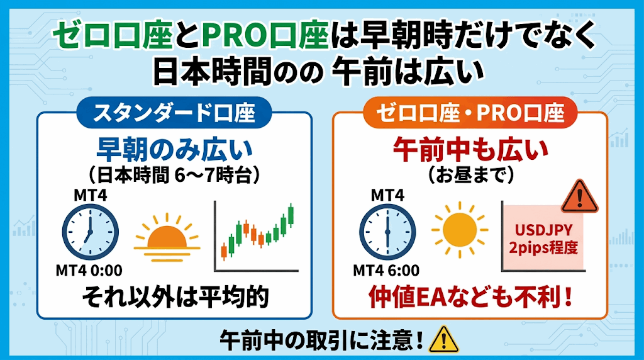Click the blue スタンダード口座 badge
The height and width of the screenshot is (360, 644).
[x=174, y=113]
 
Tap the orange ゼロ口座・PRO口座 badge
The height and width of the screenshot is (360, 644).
[x=470, y=113]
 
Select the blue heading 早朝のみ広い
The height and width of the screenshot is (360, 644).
[x=175, y=150]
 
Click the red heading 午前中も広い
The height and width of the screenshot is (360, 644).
[x=470, y=150]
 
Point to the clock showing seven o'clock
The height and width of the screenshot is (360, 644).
[x=91, y=232]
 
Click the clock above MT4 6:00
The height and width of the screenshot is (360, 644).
[x=387, y=232]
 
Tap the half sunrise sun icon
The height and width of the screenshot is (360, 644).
[x=167, y=237]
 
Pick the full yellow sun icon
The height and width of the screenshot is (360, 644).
[x=460, y=230]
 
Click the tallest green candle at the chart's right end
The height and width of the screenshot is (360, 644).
[x=291, y=215]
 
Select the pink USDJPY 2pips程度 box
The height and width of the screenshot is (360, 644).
[x=544, y=237]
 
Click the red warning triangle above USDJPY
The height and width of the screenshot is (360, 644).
[x=579, y=196]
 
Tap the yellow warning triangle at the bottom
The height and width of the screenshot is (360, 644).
[x=443, y=339]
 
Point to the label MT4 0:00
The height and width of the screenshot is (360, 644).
[x=89, y=271]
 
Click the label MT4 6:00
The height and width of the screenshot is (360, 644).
[x=386, y=271]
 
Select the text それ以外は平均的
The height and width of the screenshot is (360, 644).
[x=175, y=297]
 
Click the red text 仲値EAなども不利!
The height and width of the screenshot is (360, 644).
[x=470, y=297]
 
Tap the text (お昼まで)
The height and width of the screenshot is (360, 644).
[x=470, y=176]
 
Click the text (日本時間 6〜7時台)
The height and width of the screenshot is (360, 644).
[x=175, y=176]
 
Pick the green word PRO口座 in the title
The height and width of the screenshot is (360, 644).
[x=265, y=35]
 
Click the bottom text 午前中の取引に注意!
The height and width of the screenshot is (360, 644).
[x=321, y=340]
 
